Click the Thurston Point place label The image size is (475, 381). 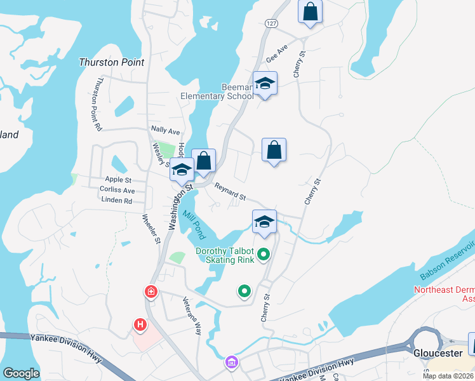pyautogui.click(x=111, y=62)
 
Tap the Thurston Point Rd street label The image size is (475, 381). pyautogui.click(x=98, y=105)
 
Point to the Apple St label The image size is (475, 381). pyautogui.click(x=118, y=180)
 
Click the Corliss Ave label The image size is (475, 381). pyautogui.click(x=117, y=190)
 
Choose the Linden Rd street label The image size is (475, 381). pyautogui.click(x=116, y=200)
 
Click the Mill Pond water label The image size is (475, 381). pyautogui.click(x=195, y=225)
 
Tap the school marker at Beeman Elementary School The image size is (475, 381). pyautogui.click(x=265, y=83)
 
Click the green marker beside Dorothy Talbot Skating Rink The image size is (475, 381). pyautogui.click(x=263, y=255)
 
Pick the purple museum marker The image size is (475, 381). pyautogui.click(x=232, y=363)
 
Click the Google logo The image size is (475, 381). pyautogui.click(x=21, y=373)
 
